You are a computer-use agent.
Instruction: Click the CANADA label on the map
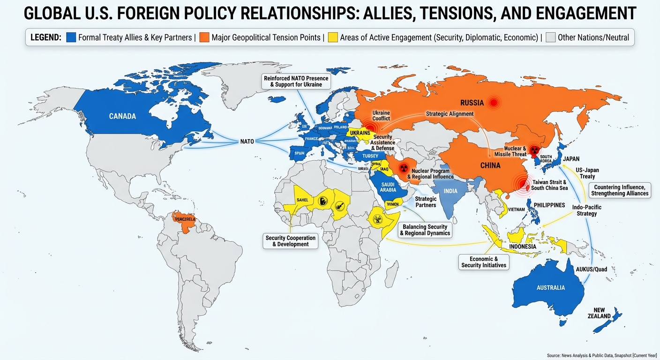pyautogui.click(x=122, y=116)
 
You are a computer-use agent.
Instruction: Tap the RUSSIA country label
pyautogui.click(x=472, y=103)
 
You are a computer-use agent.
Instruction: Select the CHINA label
pyautogui.click(x=490, y=165)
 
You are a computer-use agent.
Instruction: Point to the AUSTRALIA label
pyautogui.click(x=551, y=287)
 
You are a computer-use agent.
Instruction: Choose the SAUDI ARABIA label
pyautogui.click(x=388, y=187)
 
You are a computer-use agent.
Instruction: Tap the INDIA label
pyautogui.click(x=450, y=191)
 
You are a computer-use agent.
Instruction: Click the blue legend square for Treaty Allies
pyautogui.click(x=71, y=37)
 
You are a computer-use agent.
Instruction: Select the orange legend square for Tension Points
pyautogui.click(x=204, y=37)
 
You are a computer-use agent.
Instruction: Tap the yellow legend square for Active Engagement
pyautogui.click(x=333, y=37)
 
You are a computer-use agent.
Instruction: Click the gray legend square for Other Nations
pyautogui.click(x=550, y=37)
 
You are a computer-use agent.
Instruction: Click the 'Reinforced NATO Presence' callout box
pyautogui.click(x=296, y=81)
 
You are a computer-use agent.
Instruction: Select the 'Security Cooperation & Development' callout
pyautogui.click(x=291, y=241)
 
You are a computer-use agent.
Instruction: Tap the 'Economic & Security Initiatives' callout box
pyautogui.click(x=484, y=262)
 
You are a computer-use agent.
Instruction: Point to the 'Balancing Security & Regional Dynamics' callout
pyautogui.click(x=425, y=230)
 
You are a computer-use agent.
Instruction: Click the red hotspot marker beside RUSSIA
pyautogui.click(x=493, y=102)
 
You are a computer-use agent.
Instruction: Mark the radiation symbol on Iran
pyautogui.click(x=402, y=168)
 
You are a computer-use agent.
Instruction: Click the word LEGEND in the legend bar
pyautogui.click(x=46, y=37)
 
